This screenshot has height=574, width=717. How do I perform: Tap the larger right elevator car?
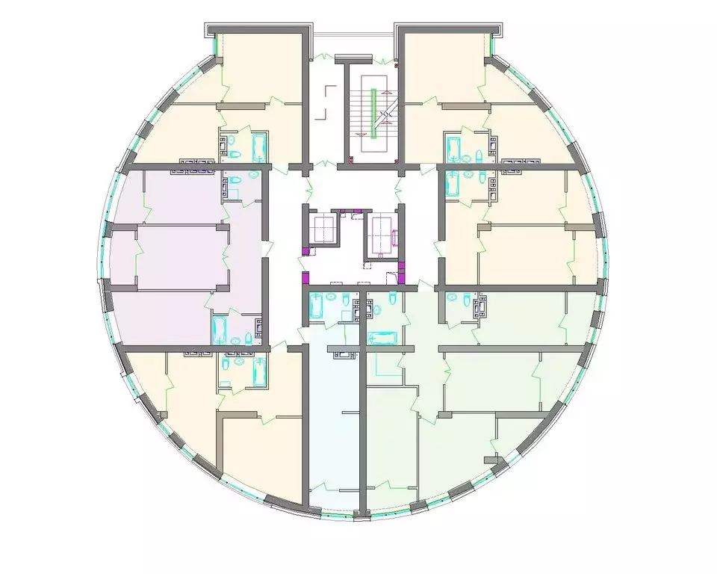[382, 233]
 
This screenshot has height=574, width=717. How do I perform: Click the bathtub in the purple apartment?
[220, 328]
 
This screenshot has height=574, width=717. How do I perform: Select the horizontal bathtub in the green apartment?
[385, 338]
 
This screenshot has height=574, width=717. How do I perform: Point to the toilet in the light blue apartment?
[344, 300]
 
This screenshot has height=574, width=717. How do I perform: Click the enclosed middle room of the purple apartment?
[179, 256]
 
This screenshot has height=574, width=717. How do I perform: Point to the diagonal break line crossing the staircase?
[385, 114]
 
